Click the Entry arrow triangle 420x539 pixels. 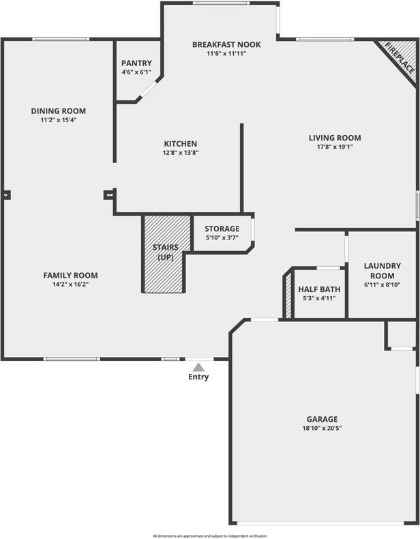click(x=198, y=367)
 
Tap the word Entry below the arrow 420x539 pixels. click(x=198, y=377)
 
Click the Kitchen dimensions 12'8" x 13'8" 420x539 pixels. click(x=181, y=153)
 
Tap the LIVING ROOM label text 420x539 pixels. click(x=335, y=138)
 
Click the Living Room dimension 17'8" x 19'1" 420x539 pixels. click(x=335, y=147)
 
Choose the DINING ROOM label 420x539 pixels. click(x=58, y=111)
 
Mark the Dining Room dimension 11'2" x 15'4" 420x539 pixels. click(x=58, y=120)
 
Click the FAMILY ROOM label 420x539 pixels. click(x=70, y=275)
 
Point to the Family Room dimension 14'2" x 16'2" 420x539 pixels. click(x=70, y=285)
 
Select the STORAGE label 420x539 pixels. click(x=222, y=229)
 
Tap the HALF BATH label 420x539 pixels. click(x=319, y=289)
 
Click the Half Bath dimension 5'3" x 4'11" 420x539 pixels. click(x=319, y=298)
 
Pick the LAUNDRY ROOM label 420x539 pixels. click(x=382, y=270)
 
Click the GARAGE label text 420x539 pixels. click(x=321, y=419)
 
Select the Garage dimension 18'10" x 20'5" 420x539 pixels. click(x=321, y=428)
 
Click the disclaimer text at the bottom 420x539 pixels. click(x=210, y=536)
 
